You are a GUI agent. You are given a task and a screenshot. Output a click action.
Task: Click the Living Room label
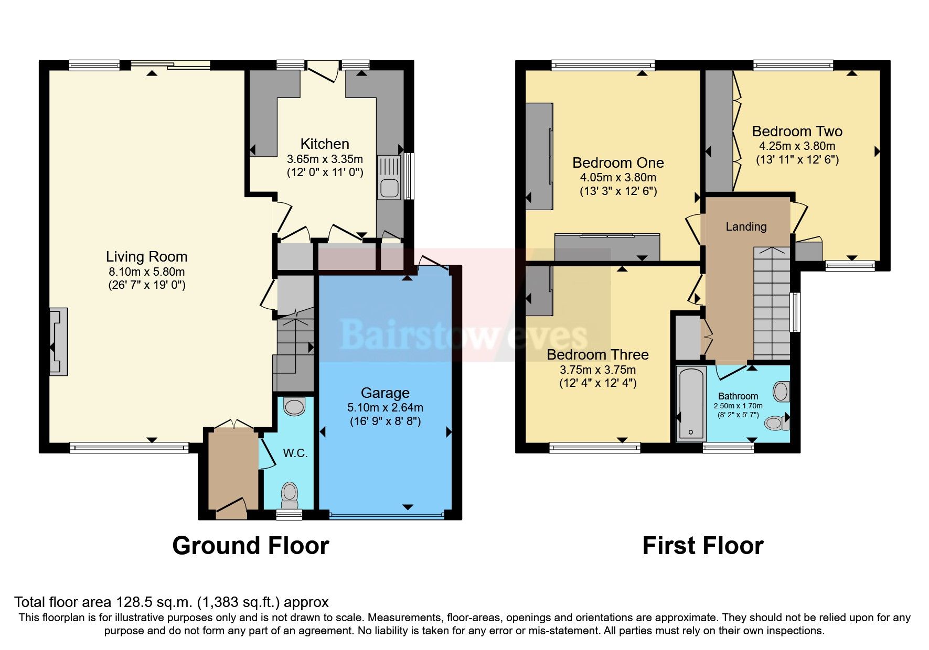tap(146, 256)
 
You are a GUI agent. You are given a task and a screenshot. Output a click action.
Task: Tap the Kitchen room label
tap(325, 144)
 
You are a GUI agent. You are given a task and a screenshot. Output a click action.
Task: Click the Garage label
tap(385, 393)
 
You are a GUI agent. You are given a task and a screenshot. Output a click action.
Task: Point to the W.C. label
tap(295, 453)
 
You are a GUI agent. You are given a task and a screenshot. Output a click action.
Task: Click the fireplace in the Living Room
tap(58, 341)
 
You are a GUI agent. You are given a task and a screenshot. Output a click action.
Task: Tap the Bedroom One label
tap(618, 162)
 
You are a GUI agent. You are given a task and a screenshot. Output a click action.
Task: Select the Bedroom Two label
tap(797, 131)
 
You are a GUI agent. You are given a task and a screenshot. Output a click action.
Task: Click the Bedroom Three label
tap(597, 355)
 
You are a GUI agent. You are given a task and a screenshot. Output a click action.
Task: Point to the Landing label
tap(746, 226)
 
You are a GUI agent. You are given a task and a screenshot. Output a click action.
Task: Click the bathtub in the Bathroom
tap(692, 403)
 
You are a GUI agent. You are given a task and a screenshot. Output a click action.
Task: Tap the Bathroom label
tap(738, 396)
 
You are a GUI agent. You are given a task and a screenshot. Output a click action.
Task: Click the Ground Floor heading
tap(251, 546)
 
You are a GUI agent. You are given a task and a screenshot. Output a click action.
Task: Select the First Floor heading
tap(703, 546)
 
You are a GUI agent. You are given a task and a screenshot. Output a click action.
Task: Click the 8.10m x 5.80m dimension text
tap(146, 272)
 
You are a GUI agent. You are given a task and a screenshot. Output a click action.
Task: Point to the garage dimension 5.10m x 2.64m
tap(385, 407)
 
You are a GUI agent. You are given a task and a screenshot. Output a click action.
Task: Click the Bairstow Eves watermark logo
tap(464, 334)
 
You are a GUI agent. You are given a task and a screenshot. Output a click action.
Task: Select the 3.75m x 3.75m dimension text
tap(597, 370)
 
